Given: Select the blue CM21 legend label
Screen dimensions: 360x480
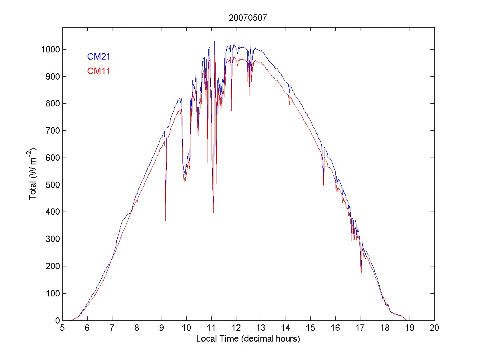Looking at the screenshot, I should (99, 57).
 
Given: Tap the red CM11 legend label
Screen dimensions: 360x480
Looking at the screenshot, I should (99, 71).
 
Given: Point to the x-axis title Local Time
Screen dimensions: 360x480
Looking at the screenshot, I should (248, 339).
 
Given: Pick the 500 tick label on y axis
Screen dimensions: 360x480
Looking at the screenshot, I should (53, 185).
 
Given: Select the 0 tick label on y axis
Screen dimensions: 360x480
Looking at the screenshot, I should (57, 320).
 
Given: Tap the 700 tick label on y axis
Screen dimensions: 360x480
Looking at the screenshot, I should (53, 131).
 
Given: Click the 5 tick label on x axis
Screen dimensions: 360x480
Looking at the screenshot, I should (62, 328).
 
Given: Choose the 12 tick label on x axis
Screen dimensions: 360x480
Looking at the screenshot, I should (236, 328).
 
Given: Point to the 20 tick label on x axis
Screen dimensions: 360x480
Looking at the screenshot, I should (434, 328).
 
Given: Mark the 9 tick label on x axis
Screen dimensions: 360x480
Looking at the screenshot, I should (162, 328).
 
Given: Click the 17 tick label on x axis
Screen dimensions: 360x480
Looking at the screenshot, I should (360, 328).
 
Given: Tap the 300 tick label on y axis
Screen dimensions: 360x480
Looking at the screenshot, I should (53, 239).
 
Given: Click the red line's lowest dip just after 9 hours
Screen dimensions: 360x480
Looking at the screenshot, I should (165, 220).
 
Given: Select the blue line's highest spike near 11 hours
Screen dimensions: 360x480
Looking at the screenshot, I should (214, 41).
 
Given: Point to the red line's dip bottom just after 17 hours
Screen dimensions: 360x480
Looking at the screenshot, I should (361, 273).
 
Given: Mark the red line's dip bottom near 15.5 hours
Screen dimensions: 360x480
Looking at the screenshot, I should (324, 186).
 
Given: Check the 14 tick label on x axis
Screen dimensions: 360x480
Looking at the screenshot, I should (286, 328).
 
